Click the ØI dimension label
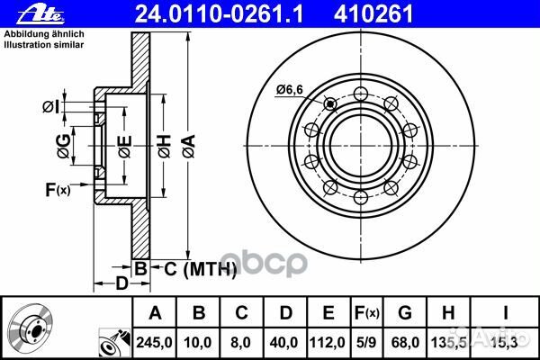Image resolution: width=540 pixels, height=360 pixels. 51,107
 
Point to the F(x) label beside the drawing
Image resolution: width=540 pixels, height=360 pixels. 58,189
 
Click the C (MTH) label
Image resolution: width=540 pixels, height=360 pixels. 199,268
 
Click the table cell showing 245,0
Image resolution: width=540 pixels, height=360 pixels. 155,341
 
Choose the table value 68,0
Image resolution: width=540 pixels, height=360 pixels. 406,341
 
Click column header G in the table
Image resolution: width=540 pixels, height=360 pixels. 406,313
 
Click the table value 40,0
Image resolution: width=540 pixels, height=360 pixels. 285,341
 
